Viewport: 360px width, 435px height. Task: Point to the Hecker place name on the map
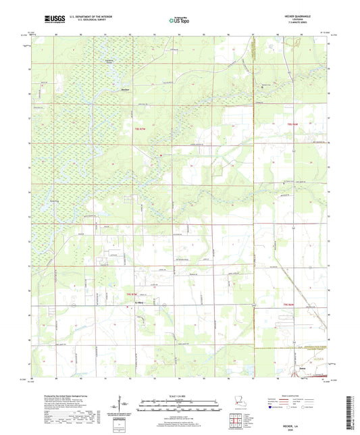click(125, 89)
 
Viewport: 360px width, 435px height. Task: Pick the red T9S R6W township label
click(288, 305)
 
